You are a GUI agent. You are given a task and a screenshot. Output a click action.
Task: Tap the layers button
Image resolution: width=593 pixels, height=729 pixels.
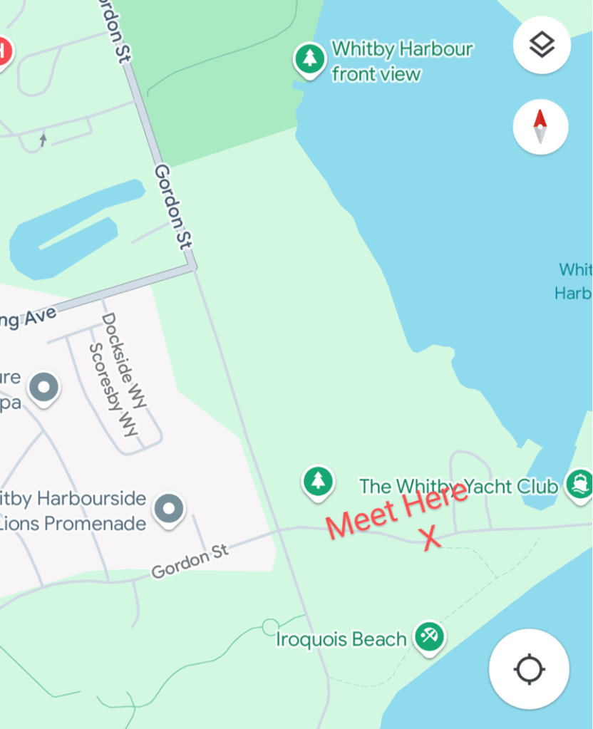coord(542,45)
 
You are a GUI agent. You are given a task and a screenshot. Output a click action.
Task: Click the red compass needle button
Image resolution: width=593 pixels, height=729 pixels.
coord(540,127)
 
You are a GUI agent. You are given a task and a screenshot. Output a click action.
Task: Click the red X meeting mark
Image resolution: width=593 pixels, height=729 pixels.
coord(431,539)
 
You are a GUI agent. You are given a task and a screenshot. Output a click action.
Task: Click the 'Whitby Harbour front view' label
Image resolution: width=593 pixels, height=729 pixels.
coord(402,61)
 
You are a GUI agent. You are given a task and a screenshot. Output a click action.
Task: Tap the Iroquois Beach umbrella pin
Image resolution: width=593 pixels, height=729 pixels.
coord(428,636)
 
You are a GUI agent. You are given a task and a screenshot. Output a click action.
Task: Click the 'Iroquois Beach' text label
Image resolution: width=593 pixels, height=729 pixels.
coord(341,639)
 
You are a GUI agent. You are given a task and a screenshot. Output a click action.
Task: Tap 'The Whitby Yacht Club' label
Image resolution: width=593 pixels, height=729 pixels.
coord(458,487)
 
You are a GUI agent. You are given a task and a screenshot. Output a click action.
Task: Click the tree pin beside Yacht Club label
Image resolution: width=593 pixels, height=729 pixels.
coord(318,481)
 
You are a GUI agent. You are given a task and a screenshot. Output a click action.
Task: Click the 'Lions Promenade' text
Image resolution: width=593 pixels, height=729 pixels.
coord(73,524)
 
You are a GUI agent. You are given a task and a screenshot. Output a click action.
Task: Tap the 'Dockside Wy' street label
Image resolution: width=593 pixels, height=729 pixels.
coord(124,361)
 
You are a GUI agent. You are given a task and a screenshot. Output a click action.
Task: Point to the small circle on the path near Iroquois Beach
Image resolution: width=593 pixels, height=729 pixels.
coord(269,627)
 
